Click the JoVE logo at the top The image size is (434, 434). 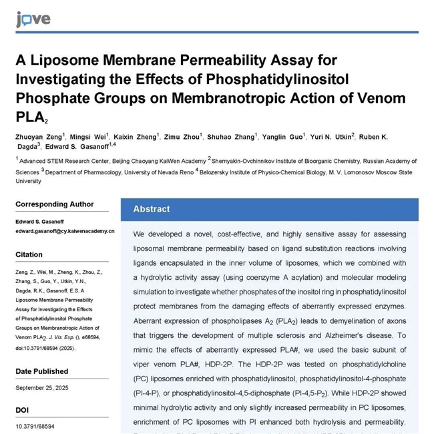click(33, 18)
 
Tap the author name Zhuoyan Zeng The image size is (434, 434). click(37, 137)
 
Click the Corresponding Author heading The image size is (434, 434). click(55, 204)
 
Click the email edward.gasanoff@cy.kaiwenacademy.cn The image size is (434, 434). click(65, 231)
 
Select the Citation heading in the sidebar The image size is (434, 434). click(29, 254)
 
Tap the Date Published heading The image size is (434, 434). click(42, 371)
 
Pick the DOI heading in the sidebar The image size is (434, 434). click(23, 410)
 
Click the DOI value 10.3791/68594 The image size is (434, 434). click(35, 426)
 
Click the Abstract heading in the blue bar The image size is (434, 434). click(152, 209)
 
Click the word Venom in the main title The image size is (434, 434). click(382, 99)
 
